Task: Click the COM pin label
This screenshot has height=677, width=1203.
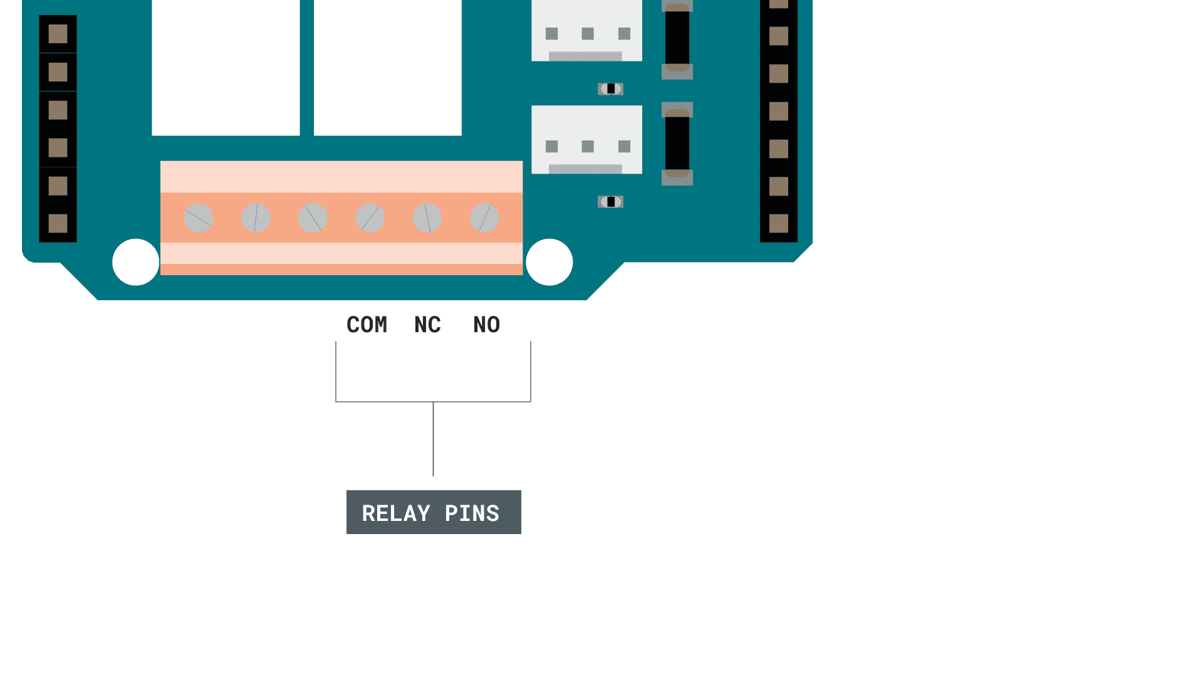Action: point(367,325)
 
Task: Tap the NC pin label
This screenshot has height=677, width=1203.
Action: point(428,325)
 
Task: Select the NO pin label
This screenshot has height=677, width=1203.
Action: point(487,325)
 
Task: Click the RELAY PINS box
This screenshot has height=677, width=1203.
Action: point(434,512)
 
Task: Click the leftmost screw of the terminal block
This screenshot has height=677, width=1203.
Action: point(199,218)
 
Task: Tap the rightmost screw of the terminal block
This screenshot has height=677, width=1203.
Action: point(485,218)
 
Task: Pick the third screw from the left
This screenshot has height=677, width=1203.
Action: point(313,218)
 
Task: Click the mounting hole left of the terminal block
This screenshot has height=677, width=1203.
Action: point(136,262)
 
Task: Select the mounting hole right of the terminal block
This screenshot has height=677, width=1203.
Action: point(549,262)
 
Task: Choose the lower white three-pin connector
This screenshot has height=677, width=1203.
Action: point(586,139)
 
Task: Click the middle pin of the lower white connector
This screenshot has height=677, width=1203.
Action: point(588,147)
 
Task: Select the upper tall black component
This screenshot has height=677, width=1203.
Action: point(677,38)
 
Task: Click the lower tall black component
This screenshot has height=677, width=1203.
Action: point(677,144)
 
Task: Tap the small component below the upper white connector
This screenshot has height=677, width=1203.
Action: point(610,89)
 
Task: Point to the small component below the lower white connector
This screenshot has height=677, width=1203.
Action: point(610,202)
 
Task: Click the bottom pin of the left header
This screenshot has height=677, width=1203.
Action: point(58,223)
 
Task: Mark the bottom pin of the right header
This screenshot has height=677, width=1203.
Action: point(779,223)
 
